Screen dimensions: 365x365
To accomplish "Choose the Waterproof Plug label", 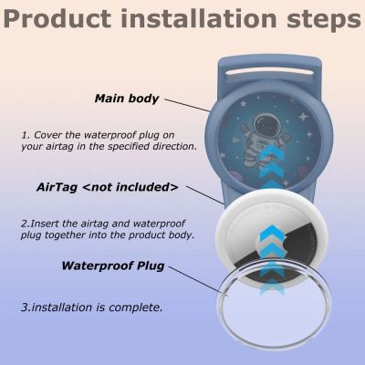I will [x=120, y=267].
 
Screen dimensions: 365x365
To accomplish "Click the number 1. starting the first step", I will [x=26, y=134].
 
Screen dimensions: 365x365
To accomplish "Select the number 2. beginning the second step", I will [x=25, y=222].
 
